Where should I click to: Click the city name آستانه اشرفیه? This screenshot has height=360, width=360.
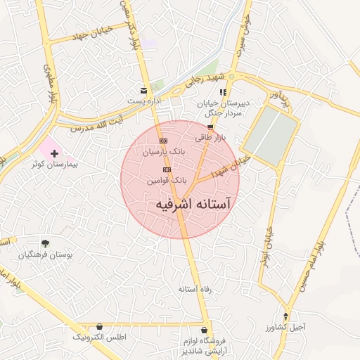pyautogui.click(x=192, y=202)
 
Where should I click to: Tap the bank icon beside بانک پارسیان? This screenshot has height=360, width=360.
pyautogui.click(x=164, y=141)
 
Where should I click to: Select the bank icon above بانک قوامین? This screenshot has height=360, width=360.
pyautogui.click(x=167, y=170)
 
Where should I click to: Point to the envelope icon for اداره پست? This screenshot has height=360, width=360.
pyautogui.click(x=143, y=91)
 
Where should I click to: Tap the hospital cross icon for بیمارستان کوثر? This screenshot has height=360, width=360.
pyautogui.click(x=55, y=153)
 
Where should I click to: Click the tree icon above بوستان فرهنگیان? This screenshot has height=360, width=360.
pyautogui.click(x=46, y=243)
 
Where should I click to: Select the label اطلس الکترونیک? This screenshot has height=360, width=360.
pyautogui.click(x=99, y=337)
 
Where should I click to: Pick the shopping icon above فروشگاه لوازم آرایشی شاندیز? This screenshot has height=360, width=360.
pyautogui.click(x=205, y=330)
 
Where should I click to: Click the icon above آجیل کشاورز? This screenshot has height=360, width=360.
pyautogui.click(x=285, y=316)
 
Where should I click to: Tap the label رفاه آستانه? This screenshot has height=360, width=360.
pyautogui.click(x=195, y=288)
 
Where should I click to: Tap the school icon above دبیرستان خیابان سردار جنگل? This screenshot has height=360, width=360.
pyautogui.click(x=223, y=92)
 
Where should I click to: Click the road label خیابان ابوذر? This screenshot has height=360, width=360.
pyautogui.click(x=267, y=233)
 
